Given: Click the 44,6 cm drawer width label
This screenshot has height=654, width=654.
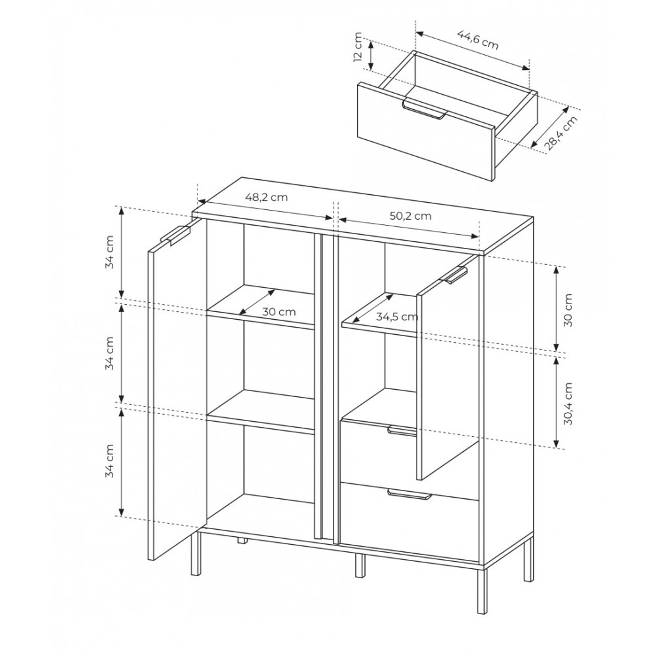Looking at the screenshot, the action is pos(478,40).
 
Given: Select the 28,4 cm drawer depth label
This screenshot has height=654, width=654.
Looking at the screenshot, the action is pos(560,132).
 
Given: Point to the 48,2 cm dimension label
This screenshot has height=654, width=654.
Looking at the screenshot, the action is pos(266,197).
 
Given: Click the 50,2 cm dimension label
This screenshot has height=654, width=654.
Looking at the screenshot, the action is pos(411,216).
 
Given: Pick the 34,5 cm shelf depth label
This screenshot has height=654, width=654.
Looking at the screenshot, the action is pos(397,317).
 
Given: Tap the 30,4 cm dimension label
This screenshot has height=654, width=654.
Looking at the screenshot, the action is pos(568,404).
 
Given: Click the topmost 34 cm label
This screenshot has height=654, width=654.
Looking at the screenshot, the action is pos(109,252).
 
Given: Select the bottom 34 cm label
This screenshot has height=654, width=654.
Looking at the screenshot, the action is pos(109,461).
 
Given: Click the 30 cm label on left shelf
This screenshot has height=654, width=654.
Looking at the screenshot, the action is pos(279,311).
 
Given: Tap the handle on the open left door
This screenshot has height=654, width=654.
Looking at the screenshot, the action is pos(175,234).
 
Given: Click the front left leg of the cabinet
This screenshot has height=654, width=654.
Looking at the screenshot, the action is pos(196,552).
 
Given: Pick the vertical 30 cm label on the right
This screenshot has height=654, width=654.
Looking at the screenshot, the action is pos(568,310).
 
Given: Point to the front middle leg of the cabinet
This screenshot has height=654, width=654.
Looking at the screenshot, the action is pos(360,565).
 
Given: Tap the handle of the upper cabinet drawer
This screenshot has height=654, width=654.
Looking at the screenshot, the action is pos(402,431).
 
